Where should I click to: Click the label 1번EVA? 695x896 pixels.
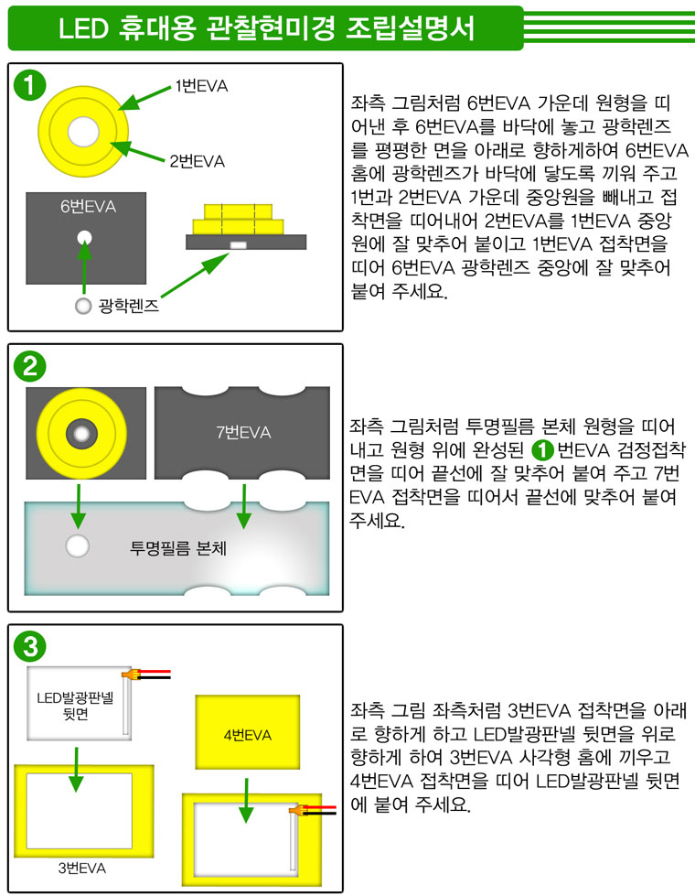(201, 87)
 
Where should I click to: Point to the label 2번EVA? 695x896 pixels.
(197, 161)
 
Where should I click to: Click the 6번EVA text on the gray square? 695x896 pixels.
(89, 206)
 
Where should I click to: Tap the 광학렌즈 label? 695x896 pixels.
(129, 306)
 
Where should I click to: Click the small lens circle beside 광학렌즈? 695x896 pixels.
(83, 305)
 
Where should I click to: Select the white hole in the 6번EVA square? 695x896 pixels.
(85, 236)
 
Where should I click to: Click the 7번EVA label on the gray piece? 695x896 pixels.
(243, 432)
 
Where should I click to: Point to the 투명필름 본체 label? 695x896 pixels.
(178, 549)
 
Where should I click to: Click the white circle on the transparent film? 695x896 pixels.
(77, 547)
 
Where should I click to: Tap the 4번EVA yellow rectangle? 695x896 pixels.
(247, 734)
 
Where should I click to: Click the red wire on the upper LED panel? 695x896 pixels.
(155, 672)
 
